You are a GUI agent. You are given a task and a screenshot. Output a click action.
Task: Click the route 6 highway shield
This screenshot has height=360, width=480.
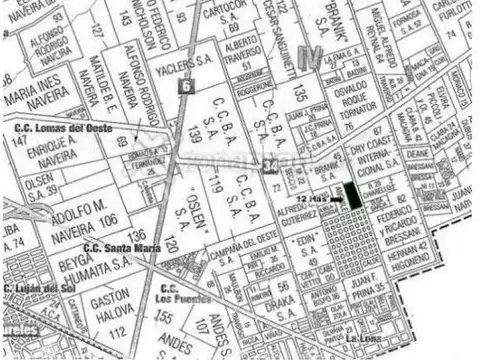pos(186,86)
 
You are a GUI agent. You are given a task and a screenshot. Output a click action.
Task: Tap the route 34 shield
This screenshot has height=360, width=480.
pos(271,163)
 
